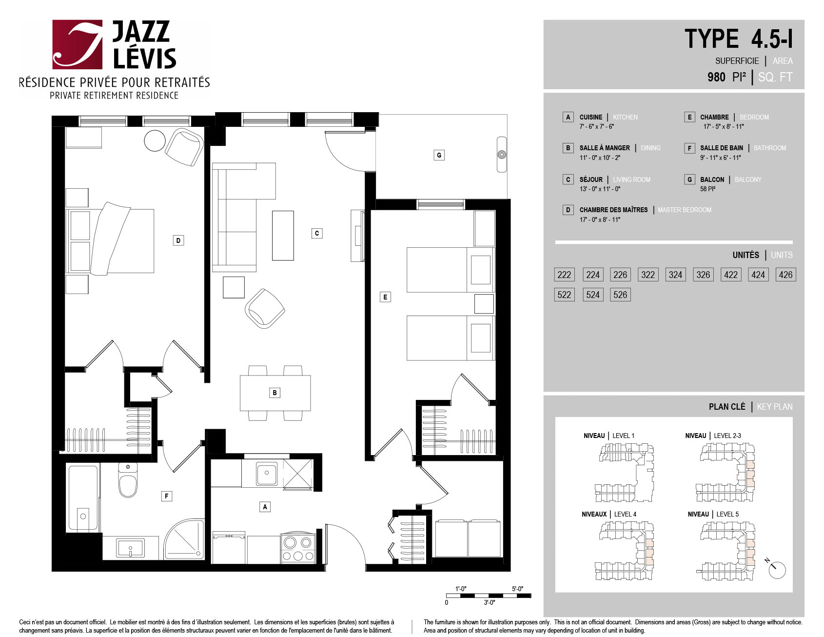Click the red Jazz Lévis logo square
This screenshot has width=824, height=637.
(x=78, y=44)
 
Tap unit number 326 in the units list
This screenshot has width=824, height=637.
(x=703, y=275)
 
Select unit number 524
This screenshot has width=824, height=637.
(x=593, y=295)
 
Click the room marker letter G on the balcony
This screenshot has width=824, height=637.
(x=439, y=155)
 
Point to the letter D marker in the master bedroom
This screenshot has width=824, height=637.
(x=178, y=240)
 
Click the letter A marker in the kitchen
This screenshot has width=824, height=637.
(x=265, y=507)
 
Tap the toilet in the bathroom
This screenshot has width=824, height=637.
(x=128, y=480)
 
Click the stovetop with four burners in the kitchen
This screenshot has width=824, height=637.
(x=298, y=548)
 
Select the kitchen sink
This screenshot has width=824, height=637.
(x=267, y=473)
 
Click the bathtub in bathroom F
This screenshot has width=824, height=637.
(x=83, y=498)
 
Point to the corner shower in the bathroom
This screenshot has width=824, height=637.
(x=184, y=539)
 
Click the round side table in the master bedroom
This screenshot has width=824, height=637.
(x=155, y=141)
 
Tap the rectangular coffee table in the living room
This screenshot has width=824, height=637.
(x=283, y=236)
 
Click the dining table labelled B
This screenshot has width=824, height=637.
(x=275, y=393)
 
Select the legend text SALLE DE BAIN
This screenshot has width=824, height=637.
(x=722, y=148)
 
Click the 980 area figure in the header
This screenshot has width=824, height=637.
(x=716, y=77)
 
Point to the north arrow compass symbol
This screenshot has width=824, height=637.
(x=776, y=568)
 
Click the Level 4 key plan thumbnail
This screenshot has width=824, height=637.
(x=624, y=551)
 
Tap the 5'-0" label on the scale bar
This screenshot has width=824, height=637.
(x=517, y=589)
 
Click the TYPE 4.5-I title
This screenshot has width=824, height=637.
(x=739, y=39)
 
